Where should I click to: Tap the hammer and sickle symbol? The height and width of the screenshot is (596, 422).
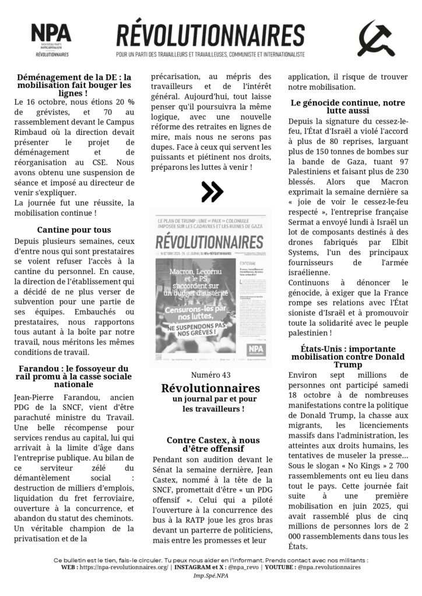[375, 38]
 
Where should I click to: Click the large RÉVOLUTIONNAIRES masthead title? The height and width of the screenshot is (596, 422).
[210, 35]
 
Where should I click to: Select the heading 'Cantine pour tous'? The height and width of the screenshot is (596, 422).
[74, 230]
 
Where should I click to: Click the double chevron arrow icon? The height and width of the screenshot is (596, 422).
[211, 190]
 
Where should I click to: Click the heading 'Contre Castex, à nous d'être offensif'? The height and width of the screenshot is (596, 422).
[213, 445]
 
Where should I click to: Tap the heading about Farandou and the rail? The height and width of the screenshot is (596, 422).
[74, 376]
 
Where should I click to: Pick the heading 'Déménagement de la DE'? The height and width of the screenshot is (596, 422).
[74, 84]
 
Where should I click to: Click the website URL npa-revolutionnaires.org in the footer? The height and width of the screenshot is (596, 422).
[125, 567]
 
